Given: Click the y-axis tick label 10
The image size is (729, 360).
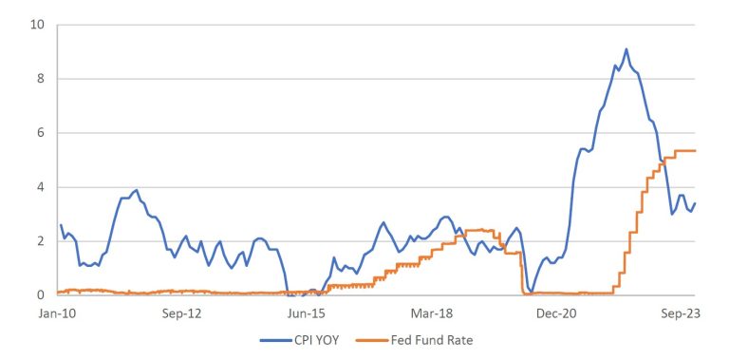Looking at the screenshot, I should [x=37, y=25].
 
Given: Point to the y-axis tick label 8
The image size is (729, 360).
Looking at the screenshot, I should [x=40, y=79].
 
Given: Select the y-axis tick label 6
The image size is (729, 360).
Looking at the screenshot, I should [x=40, y=133].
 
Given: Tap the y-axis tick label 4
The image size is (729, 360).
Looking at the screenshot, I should [x=40, y=187].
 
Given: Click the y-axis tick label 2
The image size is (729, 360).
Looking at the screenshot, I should [x=40, y=241].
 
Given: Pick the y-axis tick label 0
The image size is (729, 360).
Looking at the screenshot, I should [x=40, y=295].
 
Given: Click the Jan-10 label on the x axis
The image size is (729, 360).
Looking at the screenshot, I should [x=58, y=312].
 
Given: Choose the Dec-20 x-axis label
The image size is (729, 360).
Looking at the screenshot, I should [x=558, y=312].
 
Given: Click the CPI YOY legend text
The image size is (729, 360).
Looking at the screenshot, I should [x=318, y=339].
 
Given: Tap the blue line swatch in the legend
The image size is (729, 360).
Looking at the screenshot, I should [x=271, y=339].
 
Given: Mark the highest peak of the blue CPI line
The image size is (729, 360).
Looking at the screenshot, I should [x=626, y=49].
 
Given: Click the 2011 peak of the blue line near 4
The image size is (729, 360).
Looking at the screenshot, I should [x=137, y=190].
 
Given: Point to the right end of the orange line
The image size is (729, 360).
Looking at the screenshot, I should [x=696, y=151].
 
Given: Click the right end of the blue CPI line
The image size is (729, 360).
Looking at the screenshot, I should [x=696, y=203].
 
